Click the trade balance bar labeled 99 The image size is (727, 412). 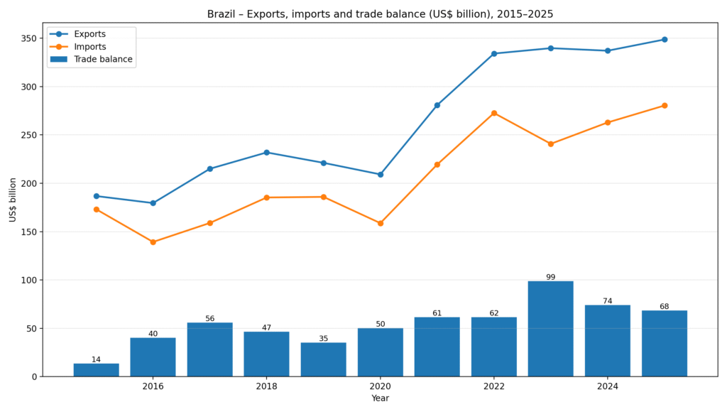(550, 328)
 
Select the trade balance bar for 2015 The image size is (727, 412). (96, 369)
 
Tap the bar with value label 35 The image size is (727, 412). (323, 359)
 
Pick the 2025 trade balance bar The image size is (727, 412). (664, 343)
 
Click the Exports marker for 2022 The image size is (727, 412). (494, 53)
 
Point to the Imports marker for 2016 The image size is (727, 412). (153, 242)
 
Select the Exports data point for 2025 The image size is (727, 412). (665, 39)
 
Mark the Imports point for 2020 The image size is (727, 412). (380, 223)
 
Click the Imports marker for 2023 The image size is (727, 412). (550, 143)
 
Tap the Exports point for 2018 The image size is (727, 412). (266, 152)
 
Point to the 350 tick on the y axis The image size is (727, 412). (28, 38)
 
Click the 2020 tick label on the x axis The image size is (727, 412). (380, 386)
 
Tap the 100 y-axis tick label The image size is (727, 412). (28, 280)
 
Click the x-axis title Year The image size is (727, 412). (380, 399)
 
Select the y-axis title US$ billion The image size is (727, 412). (13, 200)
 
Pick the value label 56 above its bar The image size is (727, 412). (209, 318)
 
